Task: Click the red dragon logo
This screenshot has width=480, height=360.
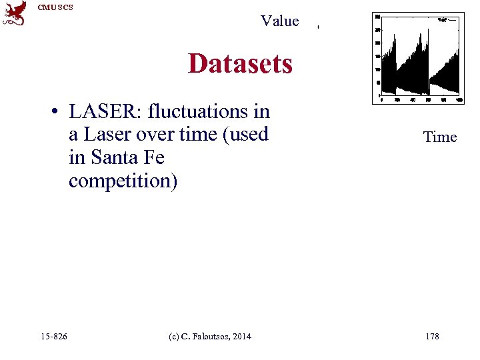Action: (x=15, y=13)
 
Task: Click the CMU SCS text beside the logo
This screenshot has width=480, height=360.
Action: (x=55, y=7)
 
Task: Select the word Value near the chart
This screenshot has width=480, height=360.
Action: (x=280, y=21)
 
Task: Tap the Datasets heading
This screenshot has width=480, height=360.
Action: (x=240, y=64)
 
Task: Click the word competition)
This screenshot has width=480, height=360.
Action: (x=123, y=181)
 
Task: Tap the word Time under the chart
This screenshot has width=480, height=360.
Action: (x=440, y=137)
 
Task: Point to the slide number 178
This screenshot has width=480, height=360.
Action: (x=432, y=336)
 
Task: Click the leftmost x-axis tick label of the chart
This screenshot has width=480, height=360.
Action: (x=381, y=100)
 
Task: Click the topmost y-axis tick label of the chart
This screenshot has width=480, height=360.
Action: (x=378, y=16)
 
